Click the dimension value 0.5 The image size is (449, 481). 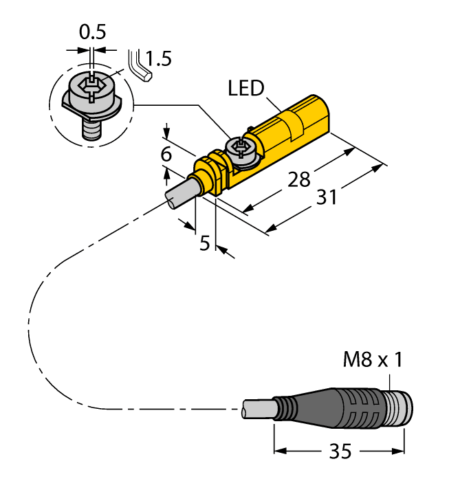(92, 32)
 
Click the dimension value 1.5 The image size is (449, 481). (158, 59)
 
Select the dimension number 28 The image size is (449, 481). (298, 179)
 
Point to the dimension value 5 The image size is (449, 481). (204, 243)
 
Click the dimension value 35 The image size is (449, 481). (338, 451)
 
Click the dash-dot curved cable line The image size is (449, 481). (41, 323)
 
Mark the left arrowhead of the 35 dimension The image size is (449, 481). (278, 451)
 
